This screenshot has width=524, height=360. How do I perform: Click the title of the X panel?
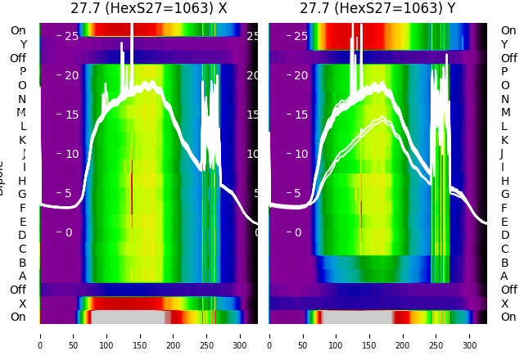tap(148, 9)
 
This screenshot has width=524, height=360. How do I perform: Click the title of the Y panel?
tap(377, 9)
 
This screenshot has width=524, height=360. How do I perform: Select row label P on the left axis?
tap(22, 72)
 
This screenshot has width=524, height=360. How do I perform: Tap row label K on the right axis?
tap(504, 140)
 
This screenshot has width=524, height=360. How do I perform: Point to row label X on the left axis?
tap(23, 304)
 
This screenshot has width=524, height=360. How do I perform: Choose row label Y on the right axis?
tap(504, 44)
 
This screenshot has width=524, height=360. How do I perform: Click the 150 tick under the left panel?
tap(140, 335)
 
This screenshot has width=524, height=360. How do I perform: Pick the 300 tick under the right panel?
tap(470, 335)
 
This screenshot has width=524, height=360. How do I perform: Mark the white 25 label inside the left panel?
tap(71, 36)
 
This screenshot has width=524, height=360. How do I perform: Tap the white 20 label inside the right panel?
tap(301, 75)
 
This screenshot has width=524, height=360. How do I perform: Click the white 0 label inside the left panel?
tap(69, 232)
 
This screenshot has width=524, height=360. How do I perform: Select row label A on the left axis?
tap(22, 277)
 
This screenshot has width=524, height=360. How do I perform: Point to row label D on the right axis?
tap(504, 236)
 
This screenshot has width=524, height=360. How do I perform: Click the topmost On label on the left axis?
tap(18, 31)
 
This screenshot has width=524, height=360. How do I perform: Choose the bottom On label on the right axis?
tap(508, 317)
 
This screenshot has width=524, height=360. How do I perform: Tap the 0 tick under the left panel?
tap(39, 335)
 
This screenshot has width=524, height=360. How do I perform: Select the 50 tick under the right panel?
tap(303, 335)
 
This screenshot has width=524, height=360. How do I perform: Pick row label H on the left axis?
tap(22, 181)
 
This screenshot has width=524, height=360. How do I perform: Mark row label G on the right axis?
tap(504, 195)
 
